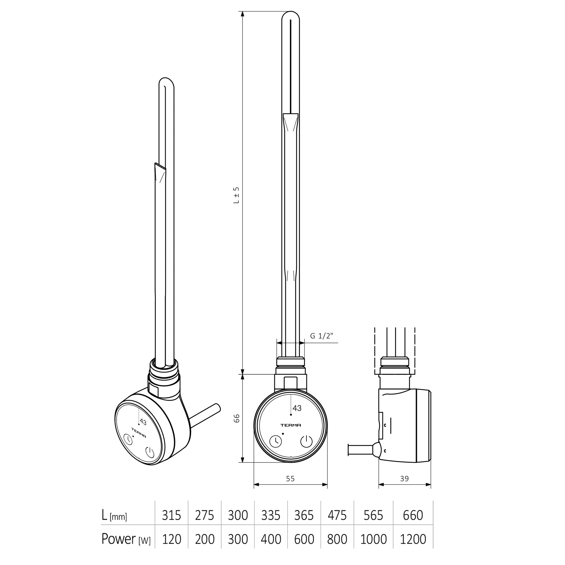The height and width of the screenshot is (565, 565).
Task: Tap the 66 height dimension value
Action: (x=237, y=418)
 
